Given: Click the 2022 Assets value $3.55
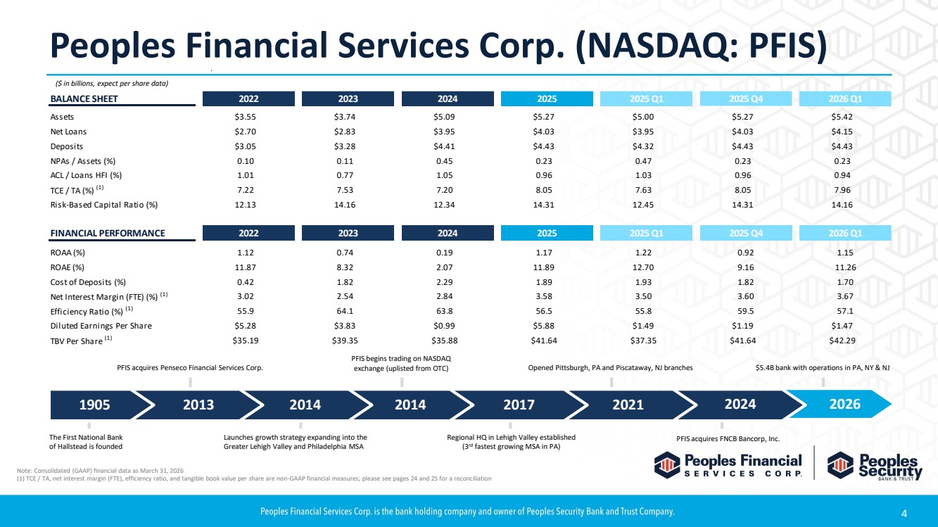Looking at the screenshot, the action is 246,117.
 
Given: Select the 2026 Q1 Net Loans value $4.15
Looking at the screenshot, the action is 842,132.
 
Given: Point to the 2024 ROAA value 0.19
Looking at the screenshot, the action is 444,253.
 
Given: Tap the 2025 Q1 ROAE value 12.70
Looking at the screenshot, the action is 643,267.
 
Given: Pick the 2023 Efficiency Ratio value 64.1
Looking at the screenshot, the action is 345,311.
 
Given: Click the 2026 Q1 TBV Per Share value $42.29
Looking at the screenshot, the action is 842,341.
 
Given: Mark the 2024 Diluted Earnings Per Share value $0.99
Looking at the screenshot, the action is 444,326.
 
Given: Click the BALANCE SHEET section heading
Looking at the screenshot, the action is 84,99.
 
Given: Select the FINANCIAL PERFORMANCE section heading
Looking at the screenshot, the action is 108,233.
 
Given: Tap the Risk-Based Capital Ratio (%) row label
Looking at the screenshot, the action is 104,205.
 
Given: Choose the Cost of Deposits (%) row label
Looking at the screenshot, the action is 88,282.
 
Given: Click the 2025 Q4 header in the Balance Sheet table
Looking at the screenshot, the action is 746,99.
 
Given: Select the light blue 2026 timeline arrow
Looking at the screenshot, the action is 839,405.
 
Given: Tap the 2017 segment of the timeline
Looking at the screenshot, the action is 519,405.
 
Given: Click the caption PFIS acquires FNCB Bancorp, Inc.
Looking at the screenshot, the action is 728,438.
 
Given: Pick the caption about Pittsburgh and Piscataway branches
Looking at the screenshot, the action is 610,367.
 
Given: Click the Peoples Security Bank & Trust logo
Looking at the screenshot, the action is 875,466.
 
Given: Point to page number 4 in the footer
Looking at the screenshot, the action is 904,513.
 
